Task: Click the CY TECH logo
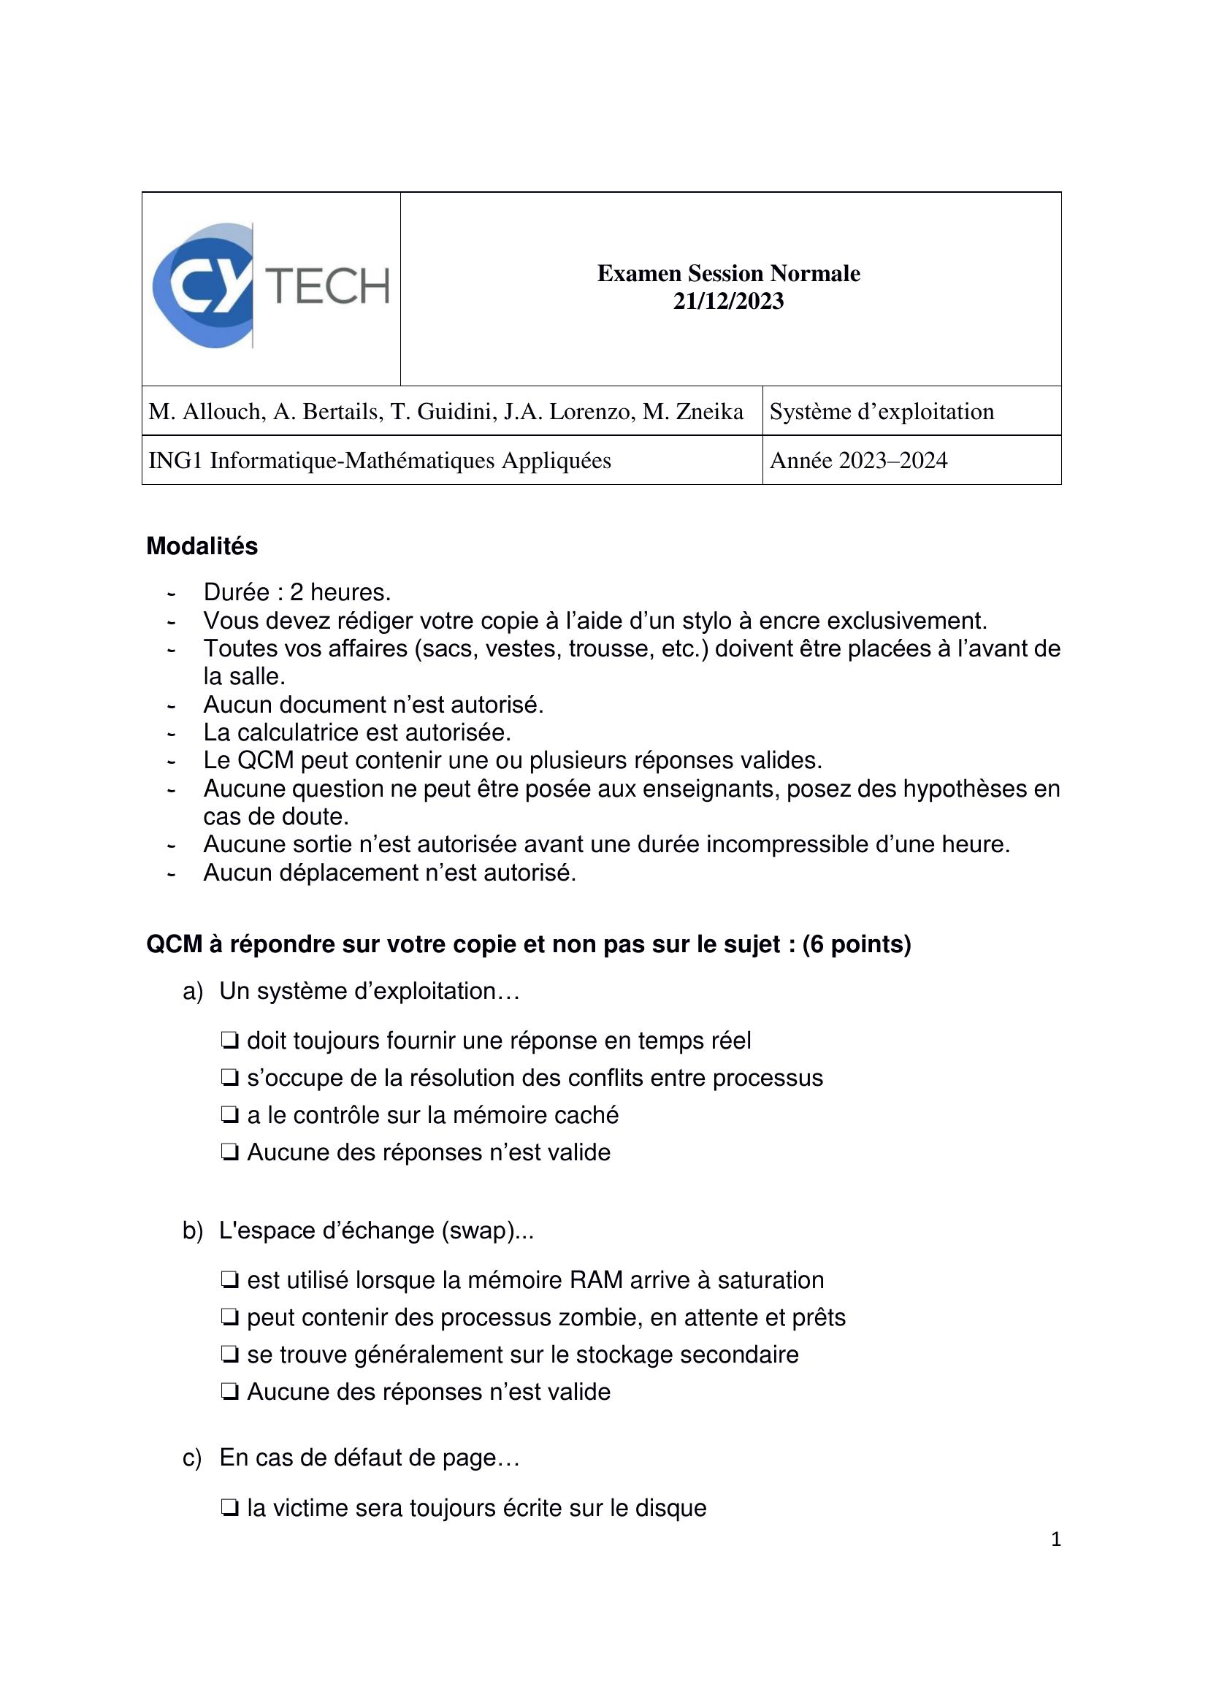click(x=271, y=286)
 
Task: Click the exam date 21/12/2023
click(x=728, y=302)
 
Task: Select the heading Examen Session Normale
click(x=728, y=274)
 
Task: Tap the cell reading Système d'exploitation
click(x=882, y=411)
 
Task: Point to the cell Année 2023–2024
click(x=858, y=461)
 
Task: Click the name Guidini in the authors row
click(x=453, y=411)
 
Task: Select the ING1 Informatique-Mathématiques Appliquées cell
click(x=379, y=461)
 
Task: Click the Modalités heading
click(x=202, y=546)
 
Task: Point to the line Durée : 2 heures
click(x=297, y=592)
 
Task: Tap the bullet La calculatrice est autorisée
click(x=357, y=732)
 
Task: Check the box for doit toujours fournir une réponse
click(x=229, y=1041)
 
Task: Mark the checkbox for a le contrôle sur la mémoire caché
click(x=229, y=1115)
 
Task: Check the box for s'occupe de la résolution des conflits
click(x=229, y=1078)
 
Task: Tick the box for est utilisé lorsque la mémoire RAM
click(x=229, y=1280)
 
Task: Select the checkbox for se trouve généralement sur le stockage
click(x=229, y=1355)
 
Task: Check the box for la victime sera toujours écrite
click(x=229, y=1508)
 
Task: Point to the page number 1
click(x=1055, y=1539)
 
